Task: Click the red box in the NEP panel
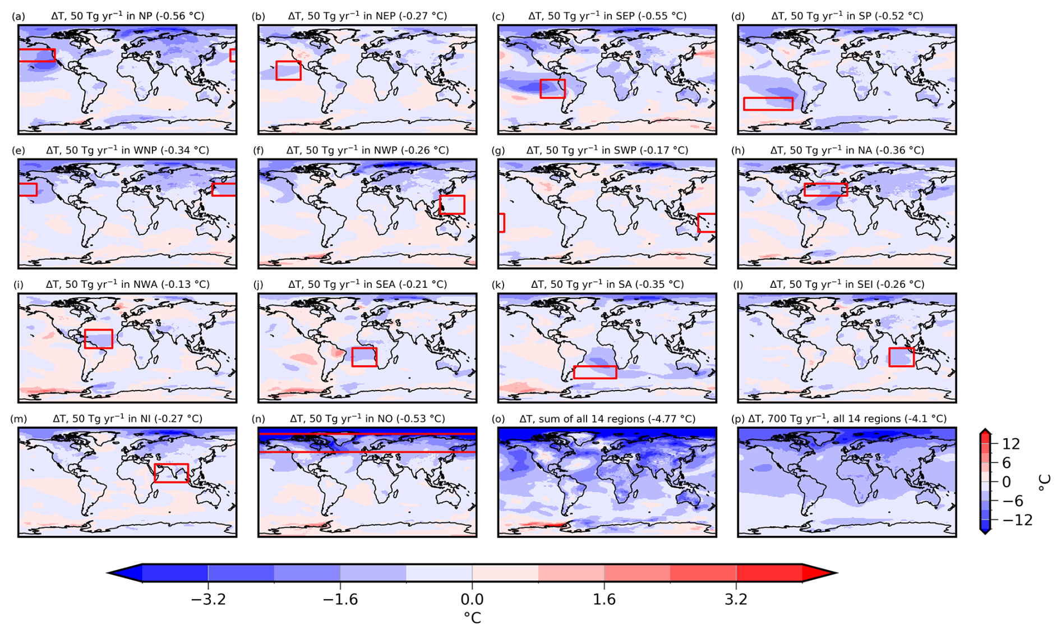tap(276, 71)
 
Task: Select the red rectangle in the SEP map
tap(541, 89)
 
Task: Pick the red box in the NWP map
tap(440, 205)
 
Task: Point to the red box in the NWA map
tap(85, 339)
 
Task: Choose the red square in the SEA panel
tap(353, 357)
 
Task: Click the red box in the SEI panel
tap(890, 357)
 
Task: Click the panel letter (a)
tap(19, 16)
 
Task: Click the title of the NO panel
tap(367, 419)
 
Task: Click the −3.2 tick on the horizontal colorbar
tap(208, 600)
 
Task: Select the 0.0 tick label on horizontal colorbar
tap(472, 600)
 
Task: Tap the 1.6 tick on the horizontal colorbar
tap(604, 600)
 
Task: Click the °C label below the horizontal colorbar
tap(472, 618)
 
